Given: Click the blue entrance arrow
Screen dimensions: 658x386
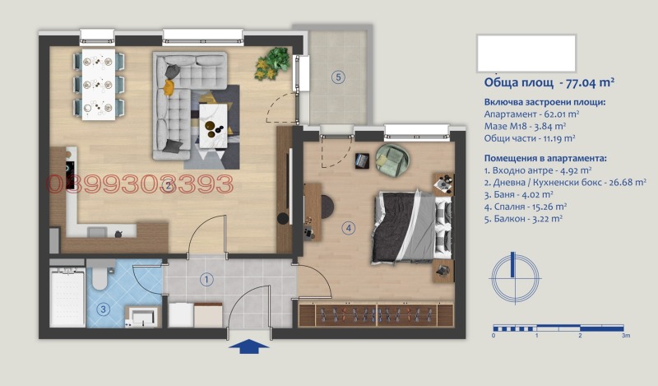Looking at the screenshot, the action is [x=249, y=346].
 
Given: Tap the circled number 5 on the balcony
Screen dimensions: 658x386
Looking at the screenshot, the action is [x=338, y=77].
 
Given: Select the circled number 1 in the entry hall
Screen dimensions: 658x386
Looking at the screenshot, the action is [x=206, y=279].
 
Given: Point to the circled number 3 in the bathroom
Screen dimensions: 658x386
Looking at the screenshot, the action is [x=103, y=310].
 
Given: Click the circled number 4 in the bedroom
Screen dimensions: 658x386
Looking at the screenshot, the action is [x=348, y=228].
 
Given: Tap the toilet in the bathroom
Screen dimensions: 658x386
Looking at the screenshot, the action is [x=100, y=274].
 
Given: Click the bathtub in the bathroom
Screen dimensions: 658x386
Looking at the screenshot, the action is [x=67, y=297].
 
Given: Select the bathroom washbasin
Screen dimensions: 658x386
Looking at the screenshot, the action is [x=142, y=316].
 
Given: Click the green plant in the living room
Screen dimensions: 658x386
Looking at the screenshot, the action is [x=272, y=63].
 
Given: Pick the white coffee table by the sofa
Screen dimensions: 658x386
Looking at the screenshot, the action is [x=213, y=126].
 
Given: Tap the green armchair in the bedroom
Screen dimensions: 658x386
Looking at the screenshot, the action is [x=392, y=159].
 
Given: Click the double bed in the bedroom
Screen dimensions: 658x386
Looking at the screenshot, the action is [x=413, y=227].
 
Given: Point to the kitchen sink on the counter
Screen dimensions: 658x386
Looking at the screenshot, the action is [x=96, y=232].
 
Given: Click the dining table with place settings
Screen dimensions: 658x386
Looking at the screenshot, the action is [x=99, y=85].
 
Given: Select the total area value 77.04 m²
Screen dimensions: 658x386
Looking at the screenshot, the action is [x=590, y=82].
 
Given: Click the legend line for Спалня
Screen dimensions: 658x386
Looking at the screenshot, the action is [x=526, y=207].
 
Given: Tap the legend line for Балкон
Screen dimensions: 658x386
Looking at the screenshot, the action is [x=523, y=219].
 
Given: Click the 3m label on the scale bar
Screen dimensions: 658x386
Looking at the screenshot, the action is [x=626, y=335].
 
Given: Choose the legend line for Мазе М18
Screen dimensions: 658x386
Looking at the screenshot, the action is [x=525, y=126].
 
